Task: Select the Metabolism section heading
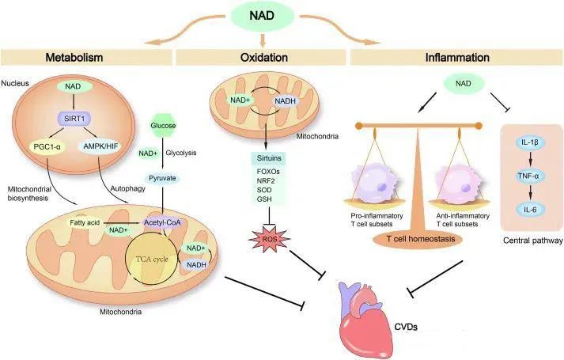click(x=74, y=58)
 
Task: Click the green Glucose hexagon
click(x=163, y=125)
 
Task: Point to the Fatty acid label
click(x=85, y=223)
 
